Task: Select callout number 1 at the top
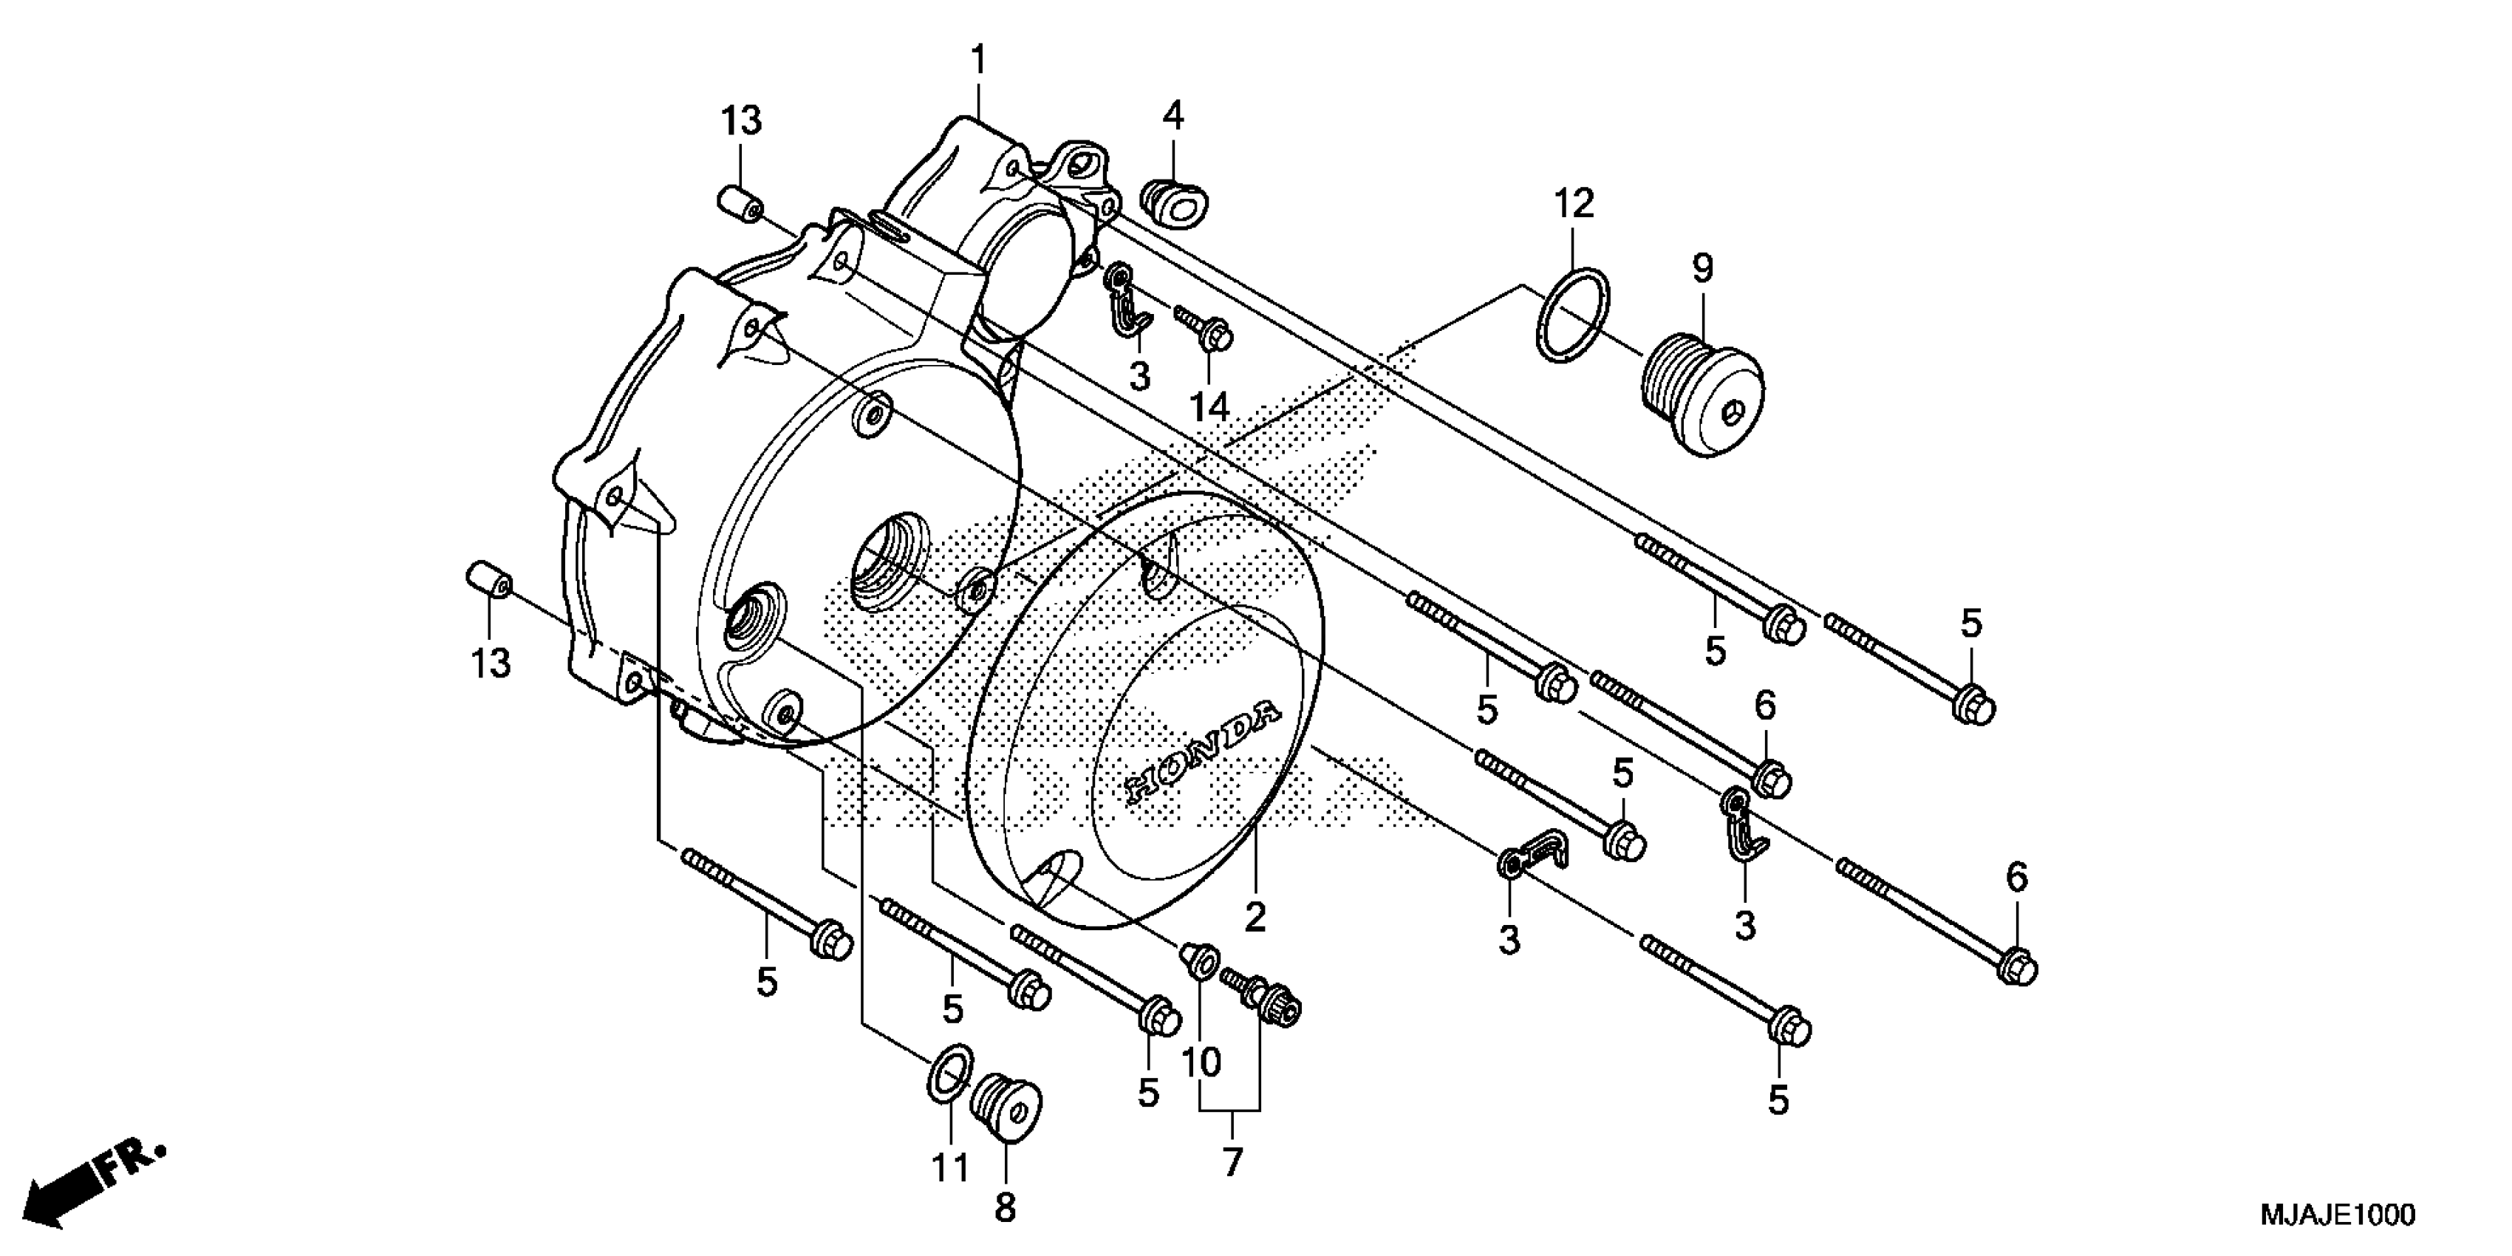977,61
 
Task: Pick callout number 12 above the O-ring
1573,204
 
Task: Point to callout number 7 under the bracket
1232,1162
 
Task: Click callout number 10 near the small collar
1201,1061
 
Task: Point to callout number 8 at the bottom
1006,1208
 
